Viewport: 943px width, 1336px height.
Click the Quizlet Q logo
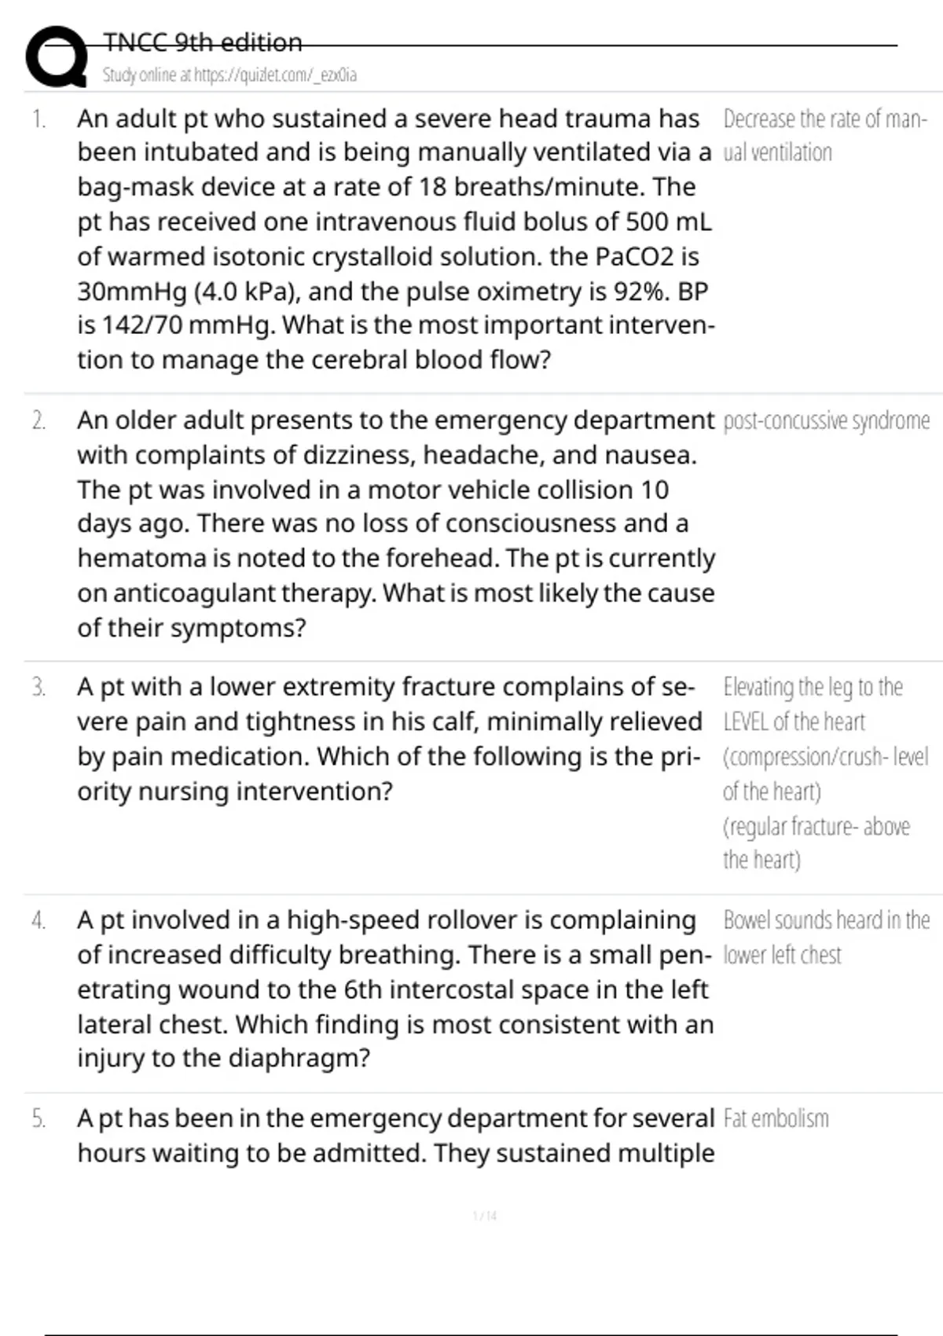click(56, 57)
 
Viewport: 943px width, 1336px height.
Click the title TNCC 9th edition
click(202, 42)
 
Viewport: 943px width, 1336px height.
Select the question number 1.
click(39, 119)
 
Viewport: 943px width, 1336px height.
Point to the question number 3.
click(39, 688)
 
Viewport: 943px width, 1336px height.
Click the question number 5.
click(39, 1118)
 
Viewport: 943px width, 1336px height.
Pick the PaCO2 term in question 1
click(635, 257)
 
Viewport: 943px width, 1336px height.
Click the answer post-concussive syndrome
click(826, 421)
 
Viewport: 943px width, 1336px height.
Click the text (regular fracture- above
click(816, 827)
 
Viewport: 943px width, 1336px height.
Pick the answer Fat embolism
click(776, 1118)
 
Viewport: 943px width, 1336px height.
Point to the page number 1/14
click(485, 1216)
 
